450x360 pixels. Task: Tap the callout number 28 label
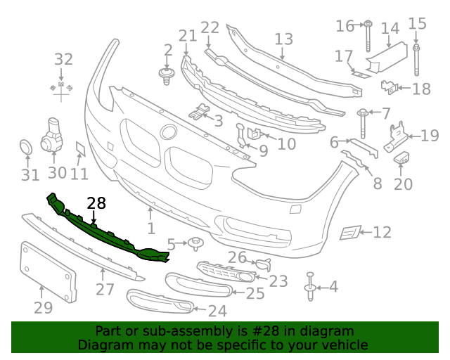tap(96, 203)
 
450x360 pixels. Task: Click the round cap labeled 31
tap(26, 148)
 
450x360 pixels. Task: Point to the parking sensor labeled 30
tap(53, 134)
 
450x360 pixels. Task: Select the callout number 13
tap(283, 39)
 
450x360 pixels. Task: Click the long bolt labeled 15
tap(417, 60)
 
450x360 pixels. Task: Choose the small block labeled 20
tap(402, 157)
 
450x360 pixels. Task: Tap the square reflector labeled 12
tap(349, 233)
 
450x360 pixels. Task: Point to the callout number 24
tap(217, 310)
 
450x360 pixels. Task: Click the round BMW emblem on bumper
tap(169, 132)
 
